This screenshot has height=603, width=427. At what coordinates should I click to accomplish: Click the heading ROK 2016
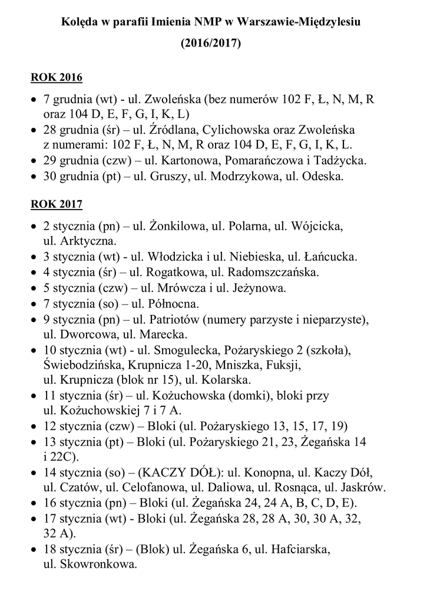coord(57,78)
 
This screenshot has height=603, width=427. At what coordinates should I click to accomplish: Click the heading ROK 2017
coord(57,204)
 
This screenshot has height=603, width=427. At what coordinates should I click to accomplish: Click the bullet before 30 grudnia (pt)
coord(35,176)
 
